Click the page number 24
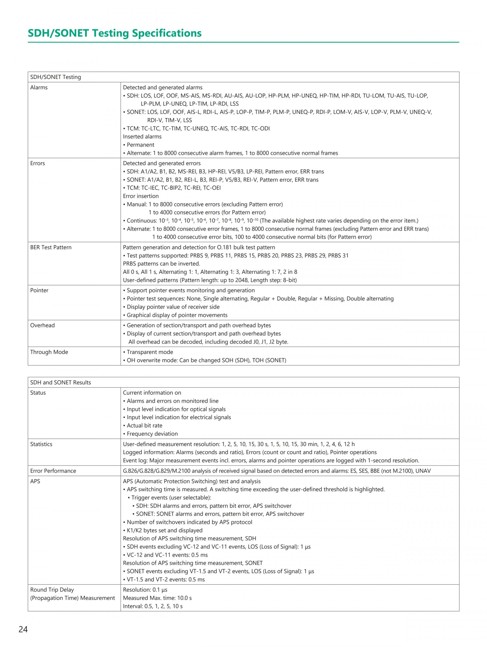point(23,629)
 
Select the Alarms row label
point(39,88)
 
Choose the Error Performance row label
point(53,471)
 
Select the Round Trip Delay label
point(52,590)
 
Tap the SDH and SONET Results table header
point(61,382)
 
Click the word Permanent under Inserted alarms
point(140,145)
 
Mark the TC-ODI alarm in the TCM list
point(260,128)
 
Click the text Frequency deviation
point(152,434)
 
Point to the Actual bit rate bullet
point(144,425)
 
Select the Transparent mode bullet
point(150,352)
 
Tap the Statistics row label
point(41,444)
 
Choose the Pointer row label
point(39,290)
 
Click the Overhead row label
point(42,325)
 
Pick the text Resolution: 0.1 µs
point(145,590)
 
